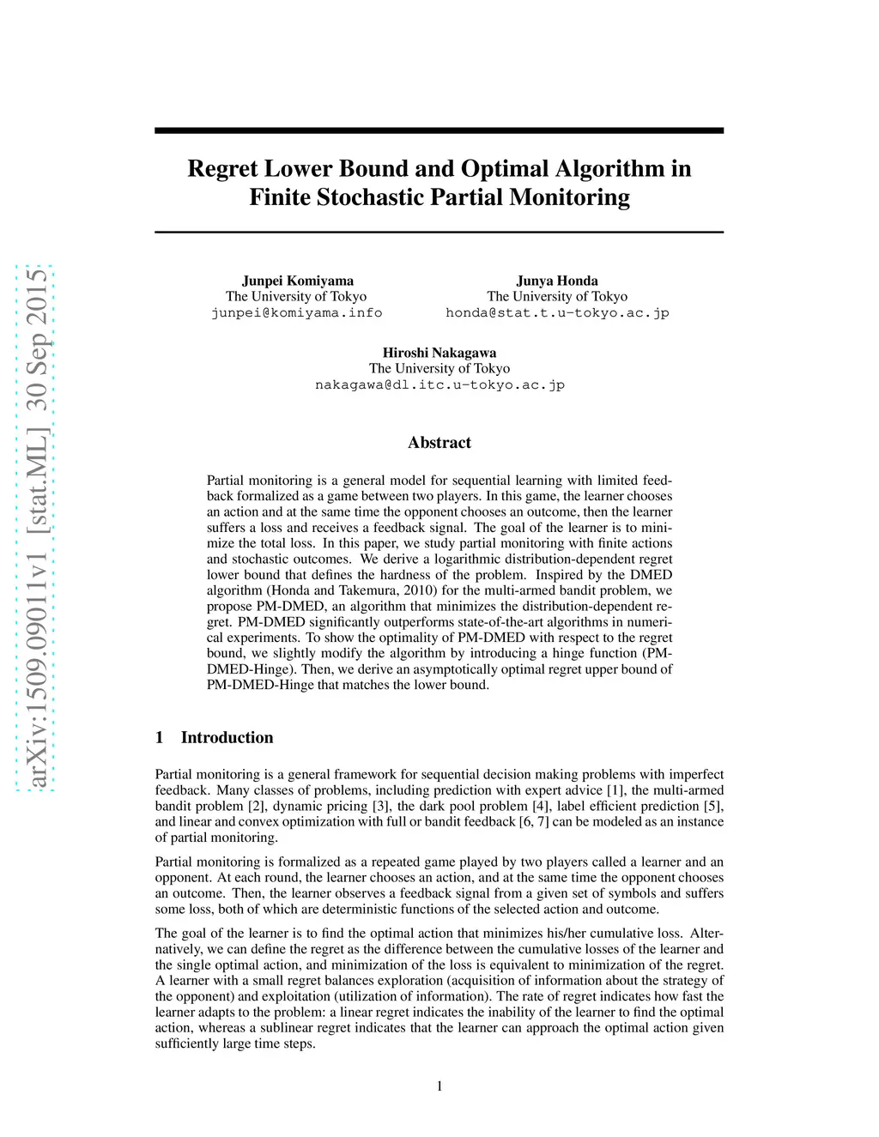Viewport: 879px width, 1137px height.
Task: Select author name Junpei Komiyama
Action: [297, 281]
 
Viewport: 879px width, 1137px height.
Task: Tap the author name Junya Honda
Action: [557, 281]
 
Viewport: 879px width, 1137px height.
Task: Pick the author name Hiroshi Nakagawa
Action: [439, 353]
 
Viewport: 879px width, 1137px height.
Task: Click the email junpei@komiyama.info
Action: [297, 312]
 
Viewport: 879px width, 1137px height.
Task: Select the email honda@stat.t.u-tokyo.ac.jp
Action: [557, 312]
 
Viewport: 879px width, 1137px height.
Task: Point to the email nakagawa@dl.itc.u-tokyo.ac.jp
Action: [439, 384]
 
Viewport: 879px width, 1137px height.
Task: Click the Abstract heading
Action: [439, 443]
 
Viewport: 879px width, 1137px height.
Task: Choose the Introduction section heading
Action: [227, 737]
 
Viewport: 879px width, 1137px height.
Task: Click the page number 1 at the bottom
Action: [439, 1086]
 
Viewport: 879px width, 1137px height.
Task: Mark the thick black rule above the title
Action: [439, 130]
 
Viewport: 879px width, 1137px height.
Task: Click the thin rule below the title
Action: [439, 232]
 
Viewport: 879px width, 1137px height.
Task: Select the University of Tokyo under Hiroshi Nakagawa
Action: [439, 368]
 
